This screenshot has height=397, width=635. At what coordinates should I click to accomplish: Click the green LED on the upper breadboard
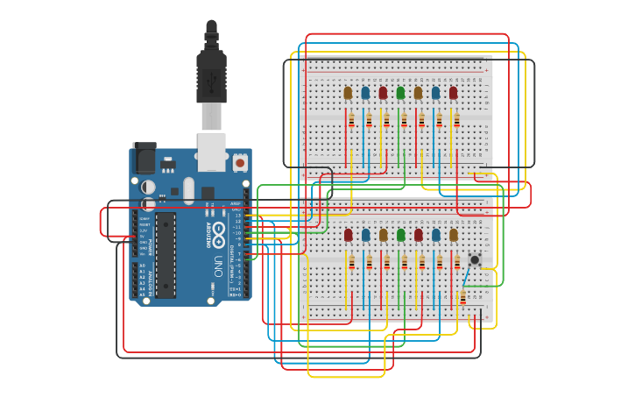coord(400,92)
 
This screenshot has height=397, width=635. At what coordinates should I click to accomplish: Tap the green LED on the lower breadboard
coord(401,235)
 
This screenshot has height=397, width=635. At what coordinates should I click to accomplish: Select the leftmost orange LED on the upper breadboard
coord(348,92)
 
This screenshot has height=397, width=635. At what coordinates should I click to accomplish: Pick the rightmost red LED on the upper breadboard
coord(453,92)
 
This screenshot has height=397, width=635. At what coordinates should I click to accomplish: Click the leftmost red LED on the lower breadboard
coord(349,235)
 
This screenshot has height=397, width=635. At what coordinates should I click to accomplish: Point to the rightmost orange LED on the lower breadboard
coord(454,235)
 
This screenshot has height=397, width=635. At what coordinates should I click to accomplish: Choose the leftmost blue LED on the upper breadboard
coord(365,92)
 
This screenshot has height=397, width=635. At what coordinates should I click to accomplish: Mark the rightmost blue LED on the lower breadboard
coord(436,235)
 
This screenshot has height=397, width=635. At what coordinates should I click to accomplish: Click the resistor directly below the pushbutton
coord(462,298)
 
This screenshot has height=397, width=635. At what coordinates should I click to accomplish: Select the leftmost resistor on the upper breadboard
coord(351,120)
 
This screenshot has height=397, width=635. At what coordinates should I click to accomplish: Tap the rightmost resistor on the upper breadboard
coord(456,120)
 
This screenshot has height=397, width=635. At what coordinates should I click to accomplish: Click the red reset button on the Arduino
coord(239,162)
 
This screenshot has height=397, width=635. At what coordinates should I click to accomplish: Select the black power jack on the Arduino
coord(144,159)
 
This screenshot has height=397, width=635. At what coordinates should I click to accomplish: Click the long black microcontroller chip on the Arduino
coord(166,254)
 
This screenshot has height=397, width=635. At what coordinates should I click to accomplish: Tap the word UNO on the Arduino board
coord(218,265)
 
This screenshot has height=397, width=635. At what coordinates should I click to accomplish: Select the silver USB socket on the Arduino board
coord(211,151)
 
